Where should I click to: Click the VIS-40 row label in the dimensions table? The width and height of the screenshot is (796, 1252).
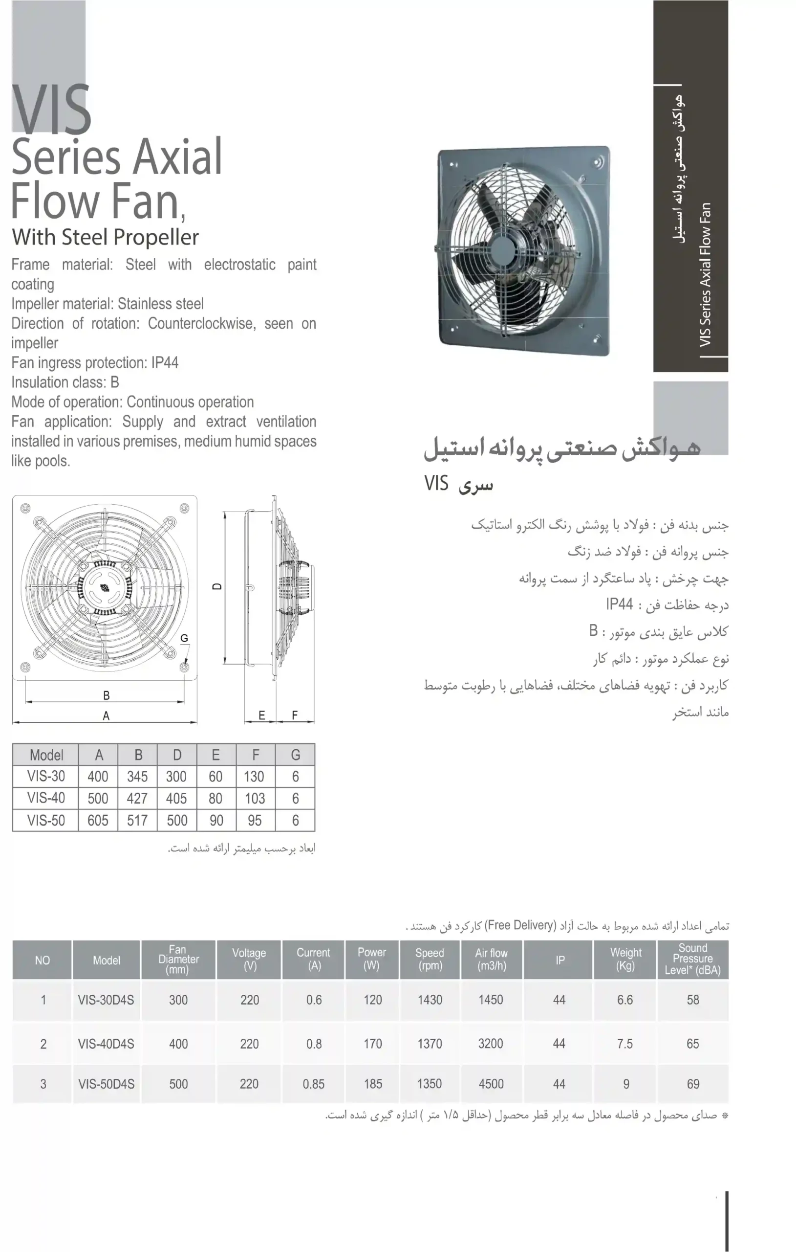(x=46, y=798)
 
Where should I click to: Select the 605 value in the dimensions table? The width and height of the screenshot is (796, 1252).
(x=98, y=821)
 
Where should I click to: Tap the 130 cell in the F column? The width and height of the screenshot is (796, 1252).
(x=254, y=776)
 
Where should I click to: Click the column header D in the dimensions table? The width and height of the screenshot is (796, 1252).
(x=177, y=755)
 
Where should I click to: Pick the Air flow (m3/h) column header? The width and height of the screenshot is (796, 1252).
(x=491, y=959)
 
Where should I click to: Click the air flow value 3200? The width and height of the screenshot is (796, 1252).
(x=491, y=1044)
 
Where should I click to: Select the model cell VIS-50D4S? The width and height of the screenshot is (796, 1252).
(x=106, y=1084)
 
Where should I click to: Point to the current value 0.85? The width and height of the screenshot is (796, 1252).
(x=313, y=1084)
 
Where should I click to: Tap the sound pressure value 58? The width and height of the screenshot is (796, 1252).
(x=692, y=1000)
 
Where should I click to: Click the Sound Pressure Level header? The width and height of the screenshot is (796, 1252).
(x=692, y=959)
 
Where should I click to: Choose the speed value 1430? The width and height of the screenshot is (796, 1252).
(x=430, y=1000)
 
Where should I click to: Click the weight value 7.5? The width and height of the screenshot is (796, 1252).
(x=624, y=1044)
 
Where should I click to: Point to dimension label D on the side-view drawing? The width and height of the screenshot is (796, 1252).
(x=217, y=586)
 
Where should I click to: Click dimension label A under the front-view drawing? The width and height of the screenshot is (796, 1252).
(x=106, y=716)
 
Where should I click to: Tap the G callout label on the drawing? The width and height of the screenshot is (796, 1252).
(x=184, y=638)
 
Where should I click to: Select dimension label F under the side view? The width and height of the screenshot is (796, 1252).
(x=295, y=715)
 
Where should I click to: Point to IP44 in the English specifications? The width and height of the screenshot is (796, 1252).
(x=165, y=362)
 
